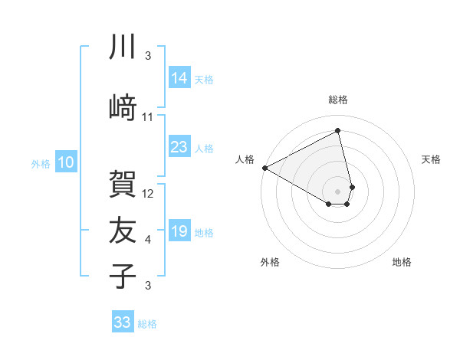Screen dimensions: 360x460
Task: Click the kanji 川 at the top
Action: pyautogui.click(x=123, y=47)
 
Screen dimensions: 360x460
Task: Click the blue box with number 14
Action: pyautogui.click(x=179, y=77)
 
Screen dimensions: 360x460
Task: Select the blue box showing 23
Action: pyautogui.click(x=179, y=147)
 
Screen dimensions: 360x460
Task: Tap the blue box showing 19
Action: pyautogui.click(x=179, y=231)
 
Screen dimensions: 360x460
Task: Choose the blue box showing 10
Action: pyautogui.click(x=65, y=162)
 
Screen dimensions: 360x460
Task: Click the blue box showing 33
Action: pyautogui.click(x=122, y=322)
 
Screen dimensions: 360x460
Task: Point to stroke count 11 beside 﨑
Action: pyautogui.click(x=148, y=117)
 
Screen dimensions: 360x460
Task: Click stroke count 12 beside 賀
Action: pyautogui.click(x=149, y=194)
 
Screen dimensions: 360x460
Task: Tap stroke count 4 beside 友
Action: pyautogui.click(x=148, y=240)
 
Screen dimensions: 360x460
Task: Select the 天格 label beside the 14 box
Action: pyautogui.click(x=204, y=79)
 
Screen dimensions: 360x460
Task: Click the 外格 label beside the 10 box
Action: pyautogui.click(x=41, y=163)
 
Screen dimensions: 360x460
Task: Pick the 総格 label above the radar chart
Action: pyautogui.click(x=337, y=100)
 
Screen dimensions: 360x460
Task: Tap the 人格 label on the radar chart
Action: pyautogui.click(x=245, y=159)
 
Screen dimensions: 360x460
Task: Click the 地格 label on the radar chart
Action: pyautogui.click(x=402, y=263)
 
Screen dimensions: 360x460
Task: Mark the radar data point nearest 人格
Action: pyautogui.click(x=264, y=167)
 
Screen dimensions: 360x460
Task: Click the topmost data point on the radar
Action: pyautogui.click(x=337, y=131)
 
